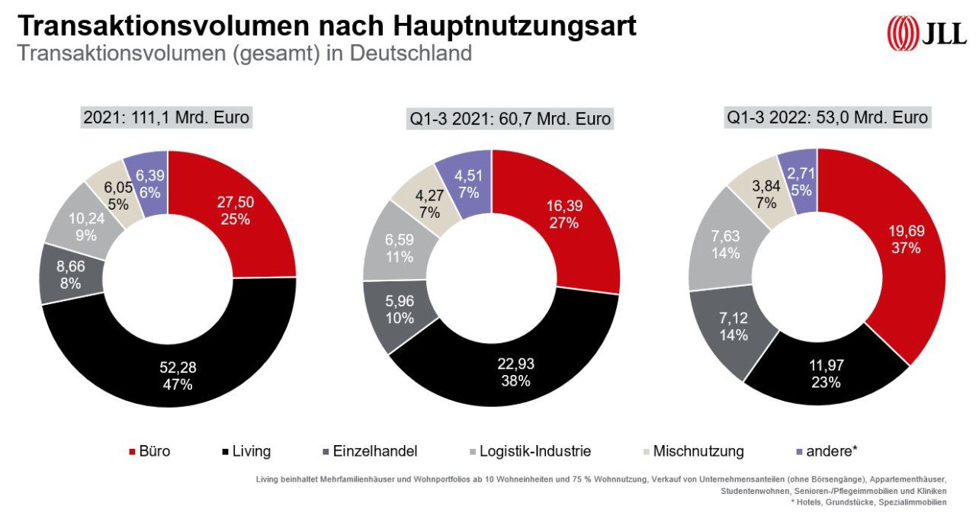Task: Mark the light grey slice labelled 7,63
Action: coord(725,244)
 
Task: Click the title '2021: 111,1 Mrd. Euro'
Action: coord(166,117)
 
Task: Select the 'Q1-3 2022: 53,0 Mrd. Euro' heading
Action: coord(827,117)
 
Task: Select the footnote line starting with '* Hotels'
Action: coord(888,502)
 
